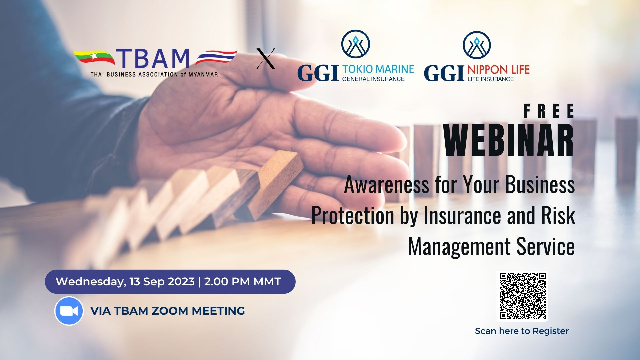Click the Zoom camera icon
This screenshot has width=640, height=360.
pos(69,311)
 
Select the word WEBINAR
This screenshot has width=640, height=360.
pos(509,140)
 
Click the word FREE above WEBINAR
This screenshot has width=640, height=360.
pos(549,111)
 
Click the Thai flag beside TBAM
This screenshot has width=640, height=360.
pos(216,57)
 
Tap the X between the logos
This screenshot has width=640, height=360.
pos(266,59)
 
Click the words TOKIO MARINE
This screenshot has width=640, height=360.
pos(378,69)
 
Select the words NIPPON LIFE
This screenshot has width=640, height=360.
pos(498,70)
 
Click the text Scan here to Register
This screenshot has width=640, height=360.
pos(522,331)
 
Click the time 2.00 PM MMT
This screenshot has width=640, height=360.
pos(243,282)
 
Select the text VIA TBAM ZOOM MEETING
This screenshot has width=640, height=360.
pos(168,311)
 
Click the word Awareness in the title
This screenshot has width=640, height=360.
pos(386,185)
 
